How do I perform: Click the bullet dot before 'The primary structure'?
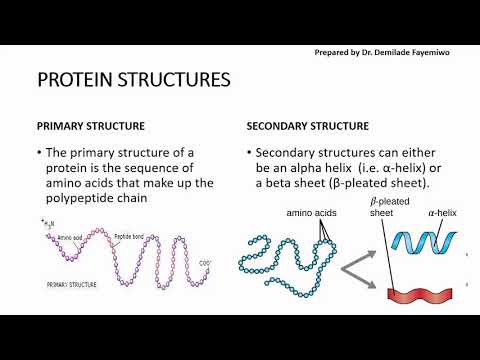(40, 153)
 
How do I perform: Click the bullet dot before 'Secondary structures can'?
(249, 153)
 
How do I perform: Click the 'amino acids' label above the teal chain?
(315, 214)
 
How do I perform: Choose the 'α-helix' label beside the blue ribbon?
(444, 213)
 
